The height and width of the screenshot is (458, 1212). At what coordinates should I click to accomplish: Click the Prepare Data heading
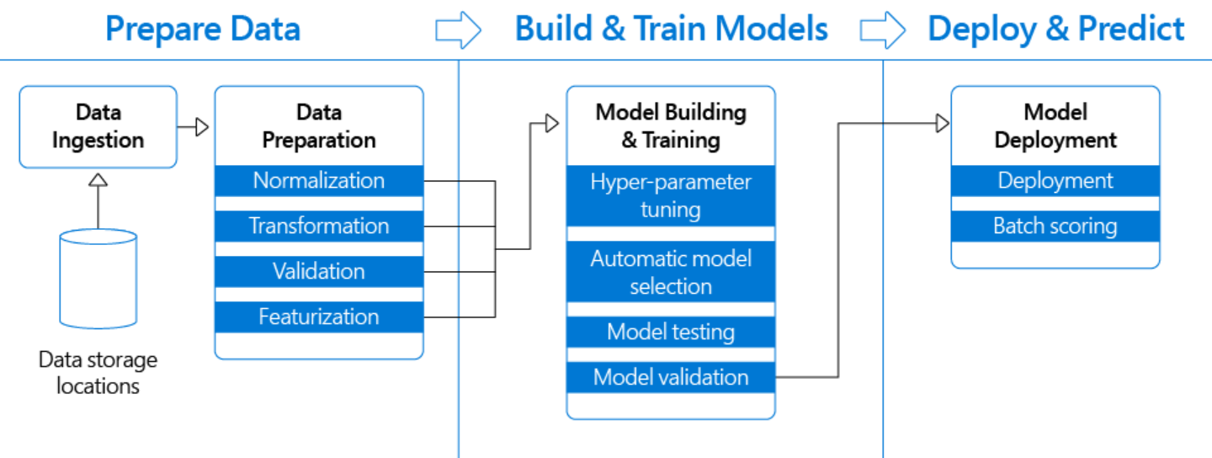(203, 29)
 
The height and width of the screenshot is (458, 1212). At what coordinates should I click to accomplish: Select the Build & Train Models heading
(671, 29)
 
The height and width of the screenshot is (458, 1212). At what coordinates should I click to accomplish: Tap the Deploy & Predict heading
(1055, 29)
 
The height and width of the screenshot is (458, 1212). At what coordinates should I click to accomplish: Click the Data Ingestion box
(98, 126)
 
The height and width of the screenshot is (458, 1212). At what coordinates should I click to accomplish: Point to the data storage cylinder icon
(98, 278)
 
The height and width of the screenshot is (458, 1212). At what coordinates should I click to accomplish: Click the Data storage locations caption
(98, 373)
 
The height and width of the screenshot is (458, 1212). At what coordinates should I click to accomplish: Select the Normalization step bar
(319, 181)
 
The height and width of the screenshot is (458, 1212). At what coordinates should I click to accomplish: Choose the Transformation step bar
(319, 226)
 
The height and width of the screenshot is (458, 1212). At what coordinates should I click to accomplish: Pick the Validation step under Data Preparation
(319, 272)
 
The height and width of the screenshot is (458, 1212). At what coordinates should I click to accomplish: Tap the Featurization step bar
(319, 317)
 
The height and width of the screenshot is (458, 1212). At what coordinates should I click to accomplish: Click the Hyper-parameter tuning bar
(671, 195)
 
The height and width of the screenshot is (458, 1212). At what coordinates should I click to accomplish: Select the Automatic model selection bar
(671, 272)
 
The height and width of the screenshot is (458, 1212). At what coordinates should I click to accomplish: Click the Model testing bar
(671, 333)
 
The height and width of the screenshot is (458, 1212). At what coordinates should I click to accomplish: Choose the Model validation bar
(671, 377)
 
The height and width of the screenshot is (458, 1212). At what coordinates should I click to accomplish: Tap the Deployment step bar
(1055, 181)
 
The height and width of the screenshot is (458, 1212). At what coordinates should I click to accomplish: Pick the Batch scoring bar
(1055, 226)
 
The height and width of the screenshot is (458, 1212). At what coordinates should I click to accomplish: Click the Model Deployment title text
(1055, 126)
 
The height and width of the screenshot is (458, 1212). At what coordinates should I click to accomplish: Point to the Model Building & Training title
(671, 126)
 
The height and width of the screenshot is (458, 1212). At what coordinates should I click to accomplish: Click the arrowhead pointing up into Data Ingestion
(98, 178)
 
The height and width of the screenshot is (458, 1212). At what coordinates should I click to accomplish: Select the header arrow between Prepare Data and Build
(458, 30)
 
